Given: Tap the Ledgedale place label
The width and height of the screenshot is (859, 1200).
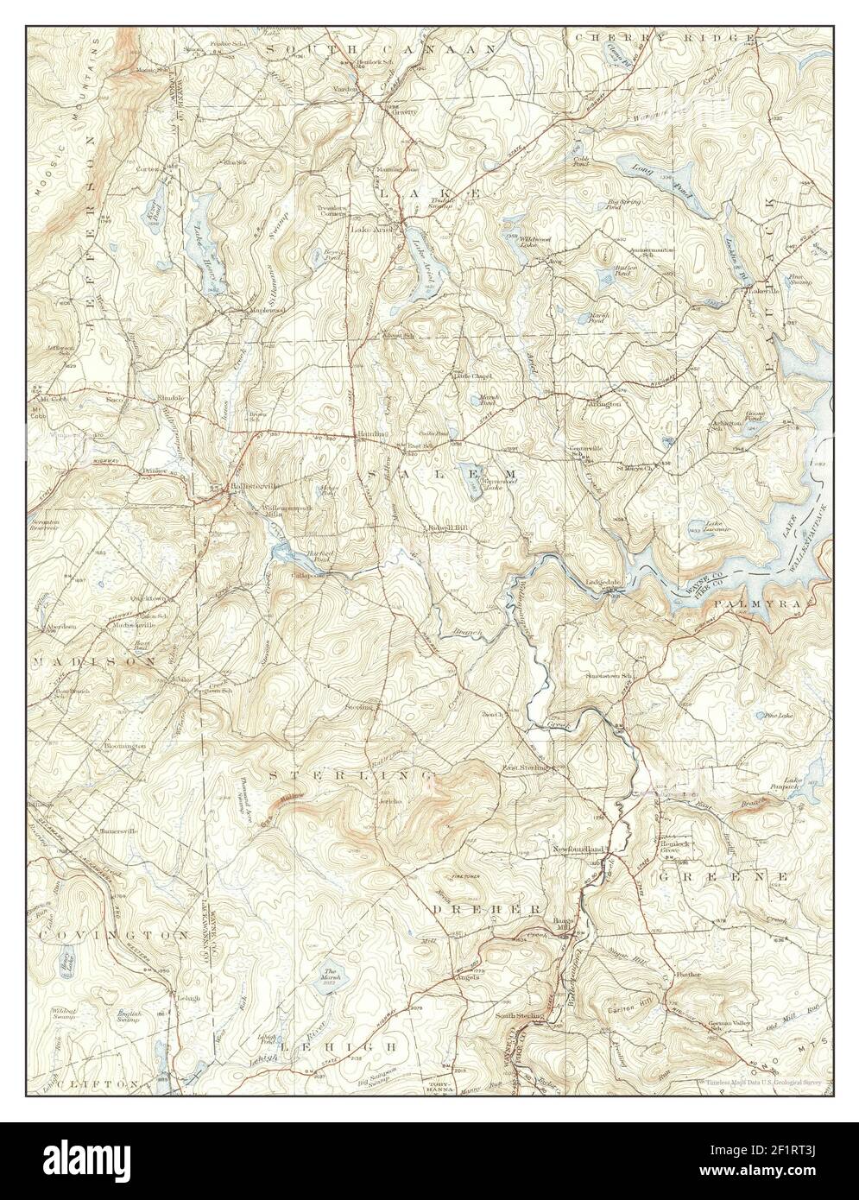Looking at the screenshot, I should point(605,582).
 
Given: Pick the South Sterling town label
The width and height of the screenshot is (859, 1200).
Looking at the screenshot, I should point(519,1016).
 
